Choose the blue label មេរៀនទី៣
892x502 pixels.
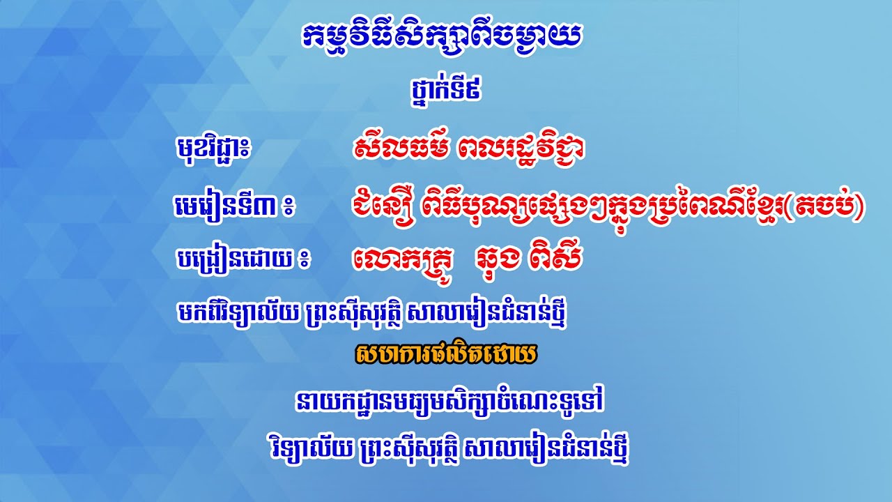223,206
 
